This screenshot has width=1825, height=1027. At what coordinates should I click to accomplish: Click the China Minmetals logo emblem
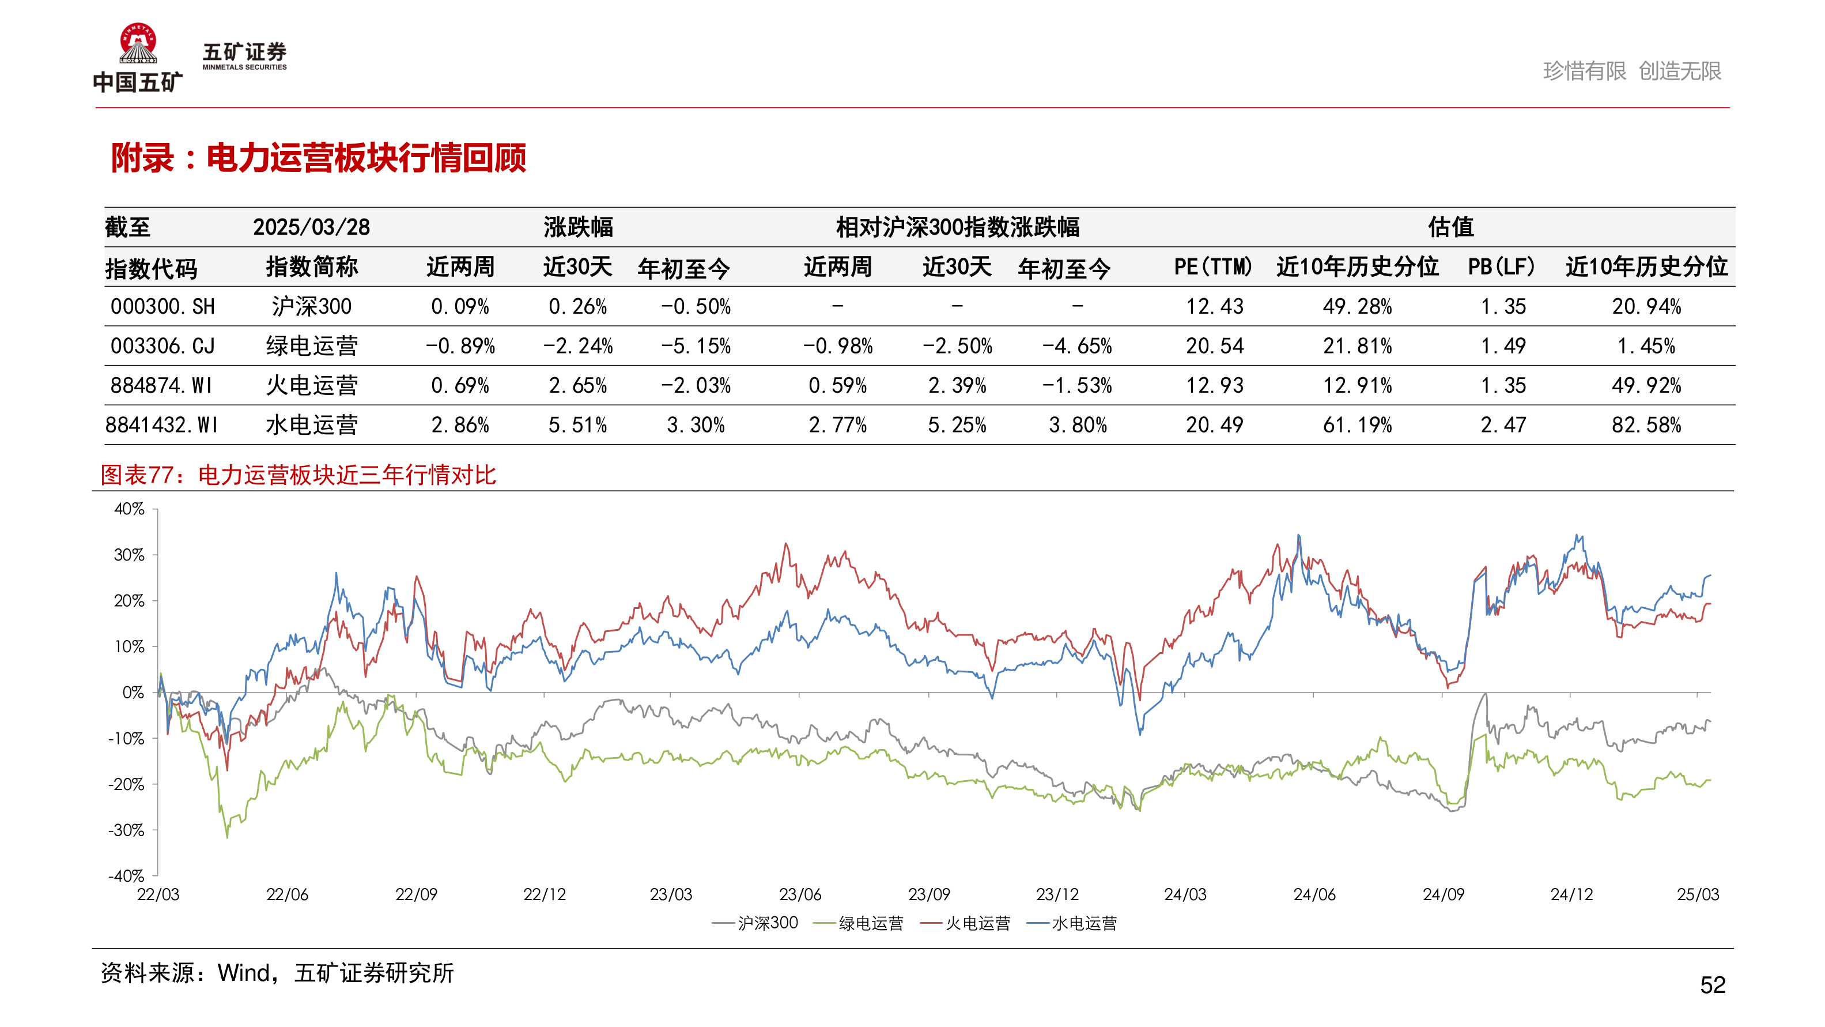138,44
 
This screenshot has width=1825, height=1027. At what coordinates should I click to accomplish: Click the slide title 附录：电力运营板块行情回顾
318,157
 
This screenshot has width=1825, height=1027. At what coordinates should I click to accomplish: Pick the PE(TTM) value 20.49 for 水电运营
1214,425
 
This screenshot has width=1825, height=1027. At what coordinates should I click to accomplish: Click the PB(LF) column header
1501,267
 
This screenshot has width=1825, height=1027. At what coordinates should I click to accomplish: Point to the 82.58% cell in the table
1646,425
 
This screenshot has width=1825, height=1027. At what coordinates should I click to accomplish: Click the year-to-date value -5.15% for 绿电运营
695,346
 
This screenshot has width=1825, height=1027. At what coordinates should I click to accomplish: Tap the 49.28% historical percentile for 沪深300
1357,307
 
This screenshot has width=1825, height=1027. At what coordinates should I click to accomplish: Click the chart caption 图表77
297,475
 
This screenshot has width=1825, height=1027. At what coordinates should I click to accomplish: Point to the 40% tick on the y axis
130,509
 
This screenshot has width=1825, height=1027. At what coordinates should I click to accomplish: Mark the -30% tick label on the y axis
127,830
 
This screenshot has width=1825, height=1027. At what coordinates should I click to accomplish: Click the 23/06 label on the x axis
800,894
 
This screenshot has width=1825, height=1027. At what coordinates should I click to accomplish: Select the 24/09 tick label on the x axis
1443,894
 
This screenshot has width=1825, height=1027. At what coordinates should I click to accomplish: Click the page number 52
1713,984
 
